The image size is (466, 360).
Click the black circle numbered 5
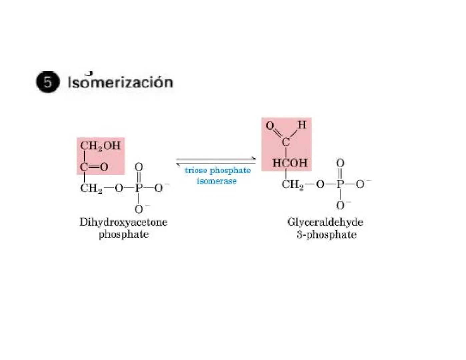point(48,82)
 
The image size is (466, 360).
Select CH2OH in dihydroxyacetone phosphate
point(100,146)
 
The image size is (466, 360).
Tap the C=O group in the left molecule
point(94,166)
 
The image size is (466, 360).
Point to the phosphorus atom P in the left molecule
point(138,188)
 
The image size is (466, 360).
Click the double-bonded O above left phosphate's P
point(138,167)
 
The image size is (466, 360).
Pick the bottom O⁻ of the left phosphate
point(139,209)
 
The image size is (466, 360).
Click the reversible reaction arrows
point(216,161)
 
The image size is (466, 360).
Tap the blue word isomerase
point(216,181)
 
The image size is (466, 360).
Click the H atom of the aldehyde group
point(302,125)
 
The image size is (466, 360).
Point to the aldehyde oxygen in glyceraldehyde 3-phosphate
point(270,126)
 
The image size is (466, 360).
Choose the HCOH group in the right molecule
point(290,163)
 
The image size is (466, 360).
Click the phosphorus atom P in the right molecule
point(340,184)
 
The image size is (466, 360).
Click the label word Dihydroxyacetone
point(123,222)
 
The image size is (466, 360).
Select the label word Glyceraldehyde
point(325,222)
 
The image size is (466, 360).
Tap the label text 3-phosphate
point(326,235)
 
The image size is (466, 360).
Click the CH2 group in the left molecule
point(91,188)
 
